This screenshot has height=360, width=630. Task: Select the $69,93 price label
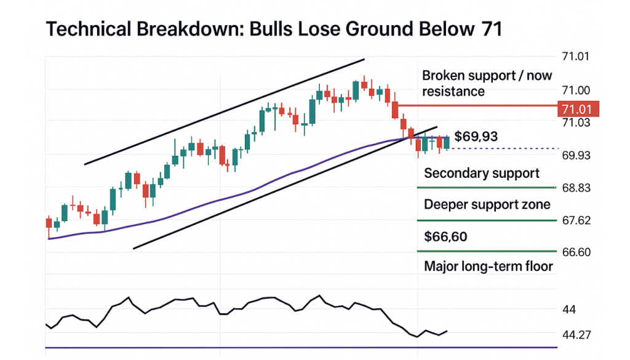(476, 136)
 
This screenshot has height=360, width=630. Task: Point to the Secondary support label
(482, 173)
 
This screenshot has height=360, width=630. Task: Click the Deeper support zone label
(487, 204)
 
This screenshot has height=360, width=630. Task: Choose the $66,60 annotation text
(445, 236)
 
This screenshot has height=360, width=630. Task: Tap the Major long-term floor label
(488, 266)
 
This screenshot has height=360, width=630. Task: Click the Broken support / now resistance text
(487, 83)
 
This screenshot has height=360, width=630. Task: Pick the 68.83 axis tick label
(576, 188)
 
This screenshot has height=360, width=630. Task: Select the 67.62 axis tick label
(576, 220)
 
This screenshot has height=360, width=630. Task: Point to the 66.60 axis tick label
(576, 252)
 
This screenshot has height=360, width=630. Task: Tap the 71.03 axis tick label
(576, 122)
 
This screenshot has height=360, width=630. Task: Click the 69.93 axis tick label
(576, 155)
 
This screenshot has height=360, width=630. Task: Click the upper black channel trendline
(225, 112)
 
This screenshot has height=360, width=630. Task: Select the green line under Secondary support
(486, 187)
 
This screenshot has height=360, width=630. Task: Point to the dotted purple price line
(504, 148)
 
